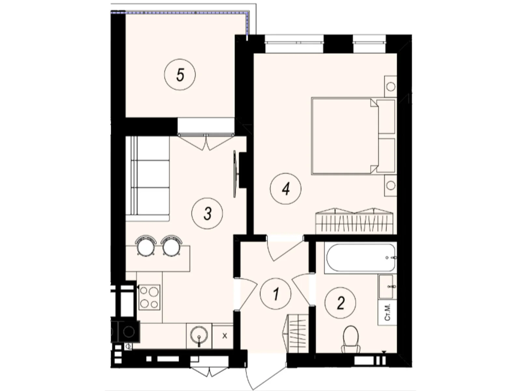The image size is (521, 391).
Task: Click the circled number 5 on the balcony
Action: [x=180, y=75]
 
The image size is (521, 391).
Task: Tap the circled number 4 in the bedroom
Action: [x=286, y=189]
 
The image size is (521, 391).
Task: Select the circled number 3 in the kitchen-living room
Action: [x=207, y=214]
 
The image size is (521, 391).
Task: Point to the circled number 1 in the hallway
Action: [x=276, y=294]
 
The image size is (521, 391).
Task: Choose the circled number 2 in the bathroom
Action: [x=340, y=303]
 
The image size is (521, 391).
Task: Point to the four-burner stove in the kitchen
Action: [x=149, y=297]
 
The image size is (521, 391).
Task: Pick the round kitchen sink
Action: [x=199, y=335]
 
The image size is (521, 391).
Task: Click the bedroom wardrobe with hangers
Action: [x=355, y=221]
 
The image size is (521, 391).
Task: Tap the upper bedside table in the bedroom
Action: [x=390, y=86]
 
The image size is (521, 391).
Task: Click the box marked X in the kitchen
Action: [x=224, y=336]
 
